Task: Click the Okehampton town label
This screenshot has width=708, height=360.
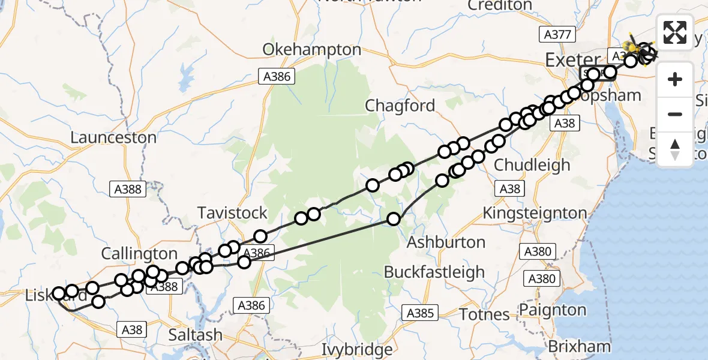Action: tap(311, 49)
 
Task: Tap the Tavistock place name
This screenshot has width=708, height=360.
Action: tap(233, 212)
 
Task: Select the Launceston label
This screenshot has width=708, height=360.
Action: tap(113, 137)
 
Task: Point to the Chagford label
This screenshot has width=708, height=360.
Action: tap(400, 106)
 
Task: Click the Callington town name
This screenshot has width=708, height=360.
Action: tap(139, 254)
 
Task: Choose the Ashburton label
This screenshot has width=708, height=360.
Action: tap(446, 242)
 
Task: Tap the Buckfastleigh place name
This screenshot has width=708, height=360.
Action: tap(434, 272)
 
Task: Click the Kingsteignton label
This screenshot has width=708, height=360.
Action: tap(535, 212)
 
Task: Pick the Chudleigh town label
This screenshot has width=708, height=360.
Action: tap(532, 165)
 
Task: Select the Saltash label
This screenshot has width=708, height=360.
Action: tap(195, 335)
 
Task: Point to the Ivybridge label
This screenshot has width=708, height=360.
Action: tap(357, 349)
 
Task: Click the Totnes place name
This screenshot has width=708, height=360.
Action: tap(484, 314)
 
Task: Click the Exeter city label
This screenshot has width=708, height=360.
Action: tap(573, 60)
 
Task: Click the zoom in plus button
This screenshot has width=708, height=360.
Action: tap(675, 79)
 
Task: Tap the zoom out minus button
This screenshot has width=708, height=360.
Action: tap(675, 114)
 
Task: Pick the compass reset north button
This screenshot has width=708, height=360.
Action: tap(675, 148)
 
